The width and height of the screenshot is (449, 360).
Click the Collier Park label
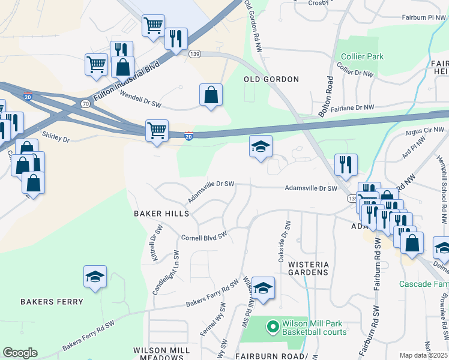362,56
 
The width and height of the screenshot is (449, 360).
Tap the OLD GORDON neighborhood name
271,79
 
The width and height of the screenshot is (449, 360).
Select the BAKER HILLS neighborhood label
161,214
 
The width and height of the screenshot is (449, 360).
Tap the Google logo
20,353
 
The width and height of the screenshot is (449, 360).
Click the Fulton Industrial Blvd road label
127,82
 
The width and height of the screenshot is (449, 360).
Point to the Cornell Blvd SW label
204,237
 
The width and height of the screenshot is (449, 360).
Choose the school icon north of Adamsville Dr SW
261,147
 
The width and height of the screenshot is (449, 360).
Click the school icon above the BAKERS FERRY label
95,277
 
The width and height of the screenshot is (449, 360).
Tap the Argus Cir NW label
426,130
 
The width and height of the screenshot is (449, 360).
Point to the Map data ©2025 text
423,355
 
